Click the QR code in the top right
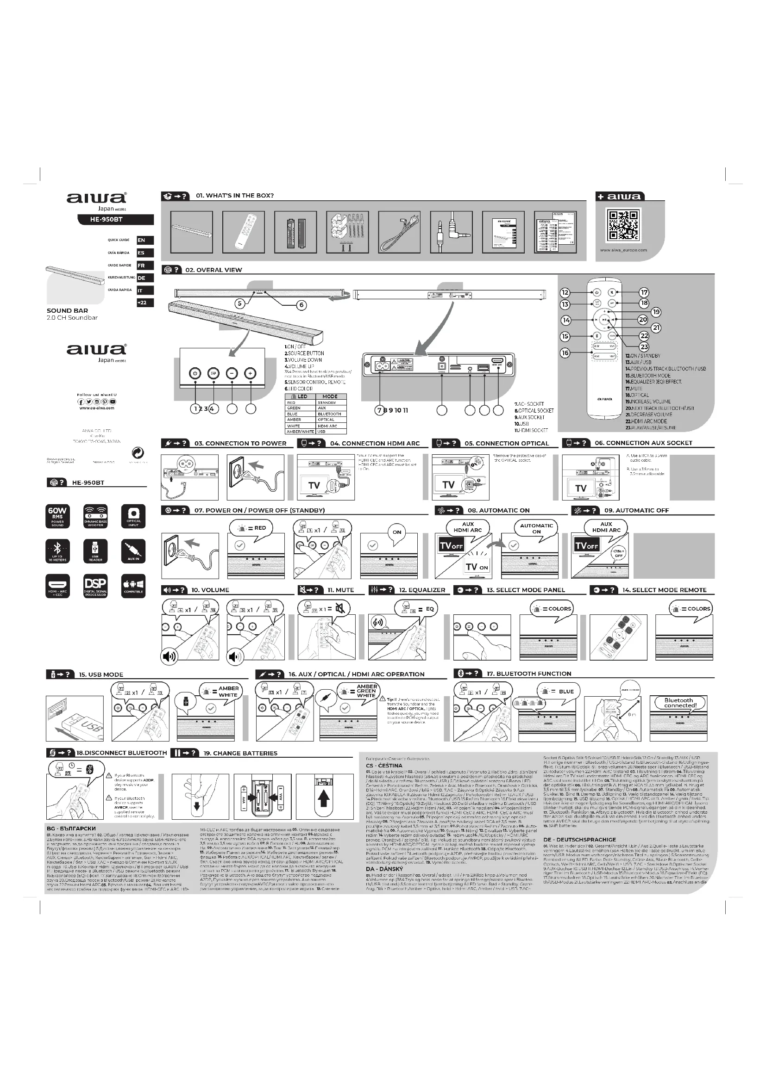623,226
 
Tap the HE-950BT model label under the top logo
115,219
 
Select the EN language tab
145,241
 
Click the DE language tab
145,278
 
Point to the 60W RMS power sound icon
57,517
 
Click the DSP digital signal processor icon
95,586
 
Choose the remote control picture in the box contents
244,231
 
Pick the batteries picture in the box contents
295,231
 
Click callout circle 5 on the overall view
239,303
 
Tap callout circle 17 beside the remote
644,293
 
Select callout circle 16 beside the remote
565,353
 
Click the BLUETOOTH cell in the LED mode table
329,414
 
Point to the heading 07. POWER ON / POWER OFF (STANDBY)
259,510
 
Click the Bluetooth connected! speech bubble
678,703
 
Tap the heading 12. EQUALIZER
422,590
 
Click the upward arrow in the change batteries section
323,798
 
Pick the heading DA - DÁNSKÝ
384,869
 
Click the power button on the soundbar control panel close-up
195,373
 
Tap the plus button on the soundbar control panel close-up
251,373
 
